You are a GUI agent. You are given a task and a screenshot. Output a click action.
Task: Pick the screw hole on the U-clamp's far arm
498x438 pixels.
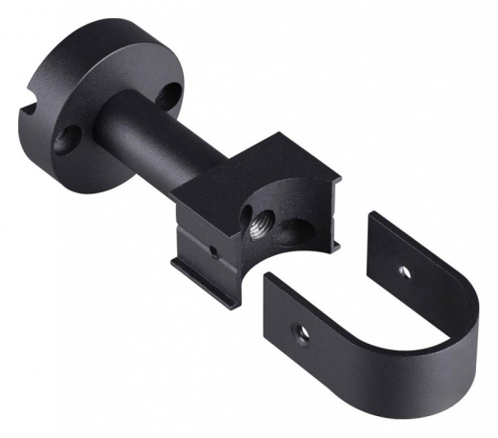(404, 271)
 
